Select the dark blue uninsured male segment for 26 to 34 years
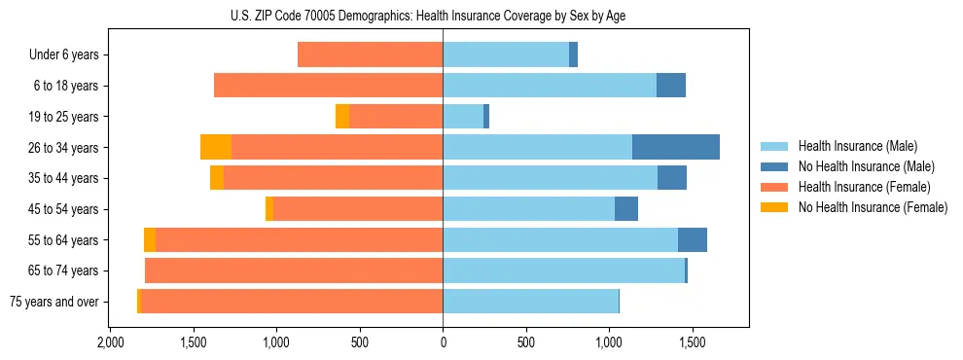(675, 147)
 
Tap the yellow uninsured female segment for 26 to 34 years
(216, 147)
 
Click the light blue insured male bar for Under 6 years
(506, 54)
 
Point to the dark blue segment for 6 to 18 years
(670, 86)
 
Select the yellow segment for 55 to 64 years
(150, 239)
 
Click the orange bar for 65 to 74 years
(294, 270)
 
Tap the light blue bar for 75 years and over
(530, 302)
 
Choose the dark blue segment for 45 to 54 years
(626, 209)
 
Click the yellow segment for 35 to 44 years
(217, 178)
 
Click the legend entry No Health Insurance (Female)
(872, 207)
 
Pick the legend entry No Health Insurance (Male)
(866, 166)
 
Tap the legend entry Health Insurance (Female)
(863, 187)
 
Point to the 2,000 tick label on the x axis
(110, 343)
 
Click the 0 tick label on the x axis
(443, 343)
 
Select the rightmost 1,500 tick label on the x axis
(692, 343)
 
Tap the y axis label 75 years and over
(53, 302)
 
